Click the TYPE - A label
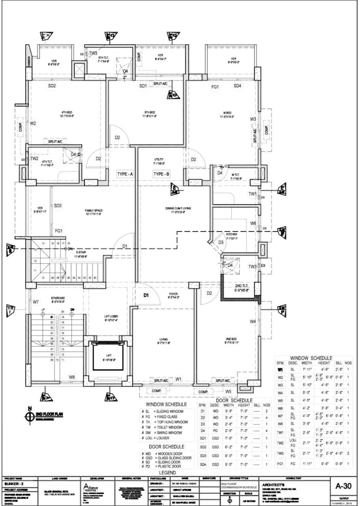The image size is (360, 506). [125, 174]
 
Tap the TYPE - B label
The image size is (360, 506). [161, 174]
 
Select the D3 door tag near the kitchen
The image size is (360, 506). [220, 242]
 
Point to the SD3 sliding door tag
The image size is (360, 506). [57, 205]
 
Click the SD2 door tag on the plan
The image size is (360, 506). [52, 86]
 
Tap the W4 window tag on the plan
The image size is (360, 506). [253, 321]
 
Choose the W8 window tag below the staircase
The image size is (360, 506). [71, 377]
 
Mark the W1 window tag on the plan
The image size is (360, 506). [178, 379]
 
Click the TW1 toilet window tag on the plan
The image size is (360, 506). [253, 194]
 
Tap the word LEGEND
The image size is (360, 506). [168, 472]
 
